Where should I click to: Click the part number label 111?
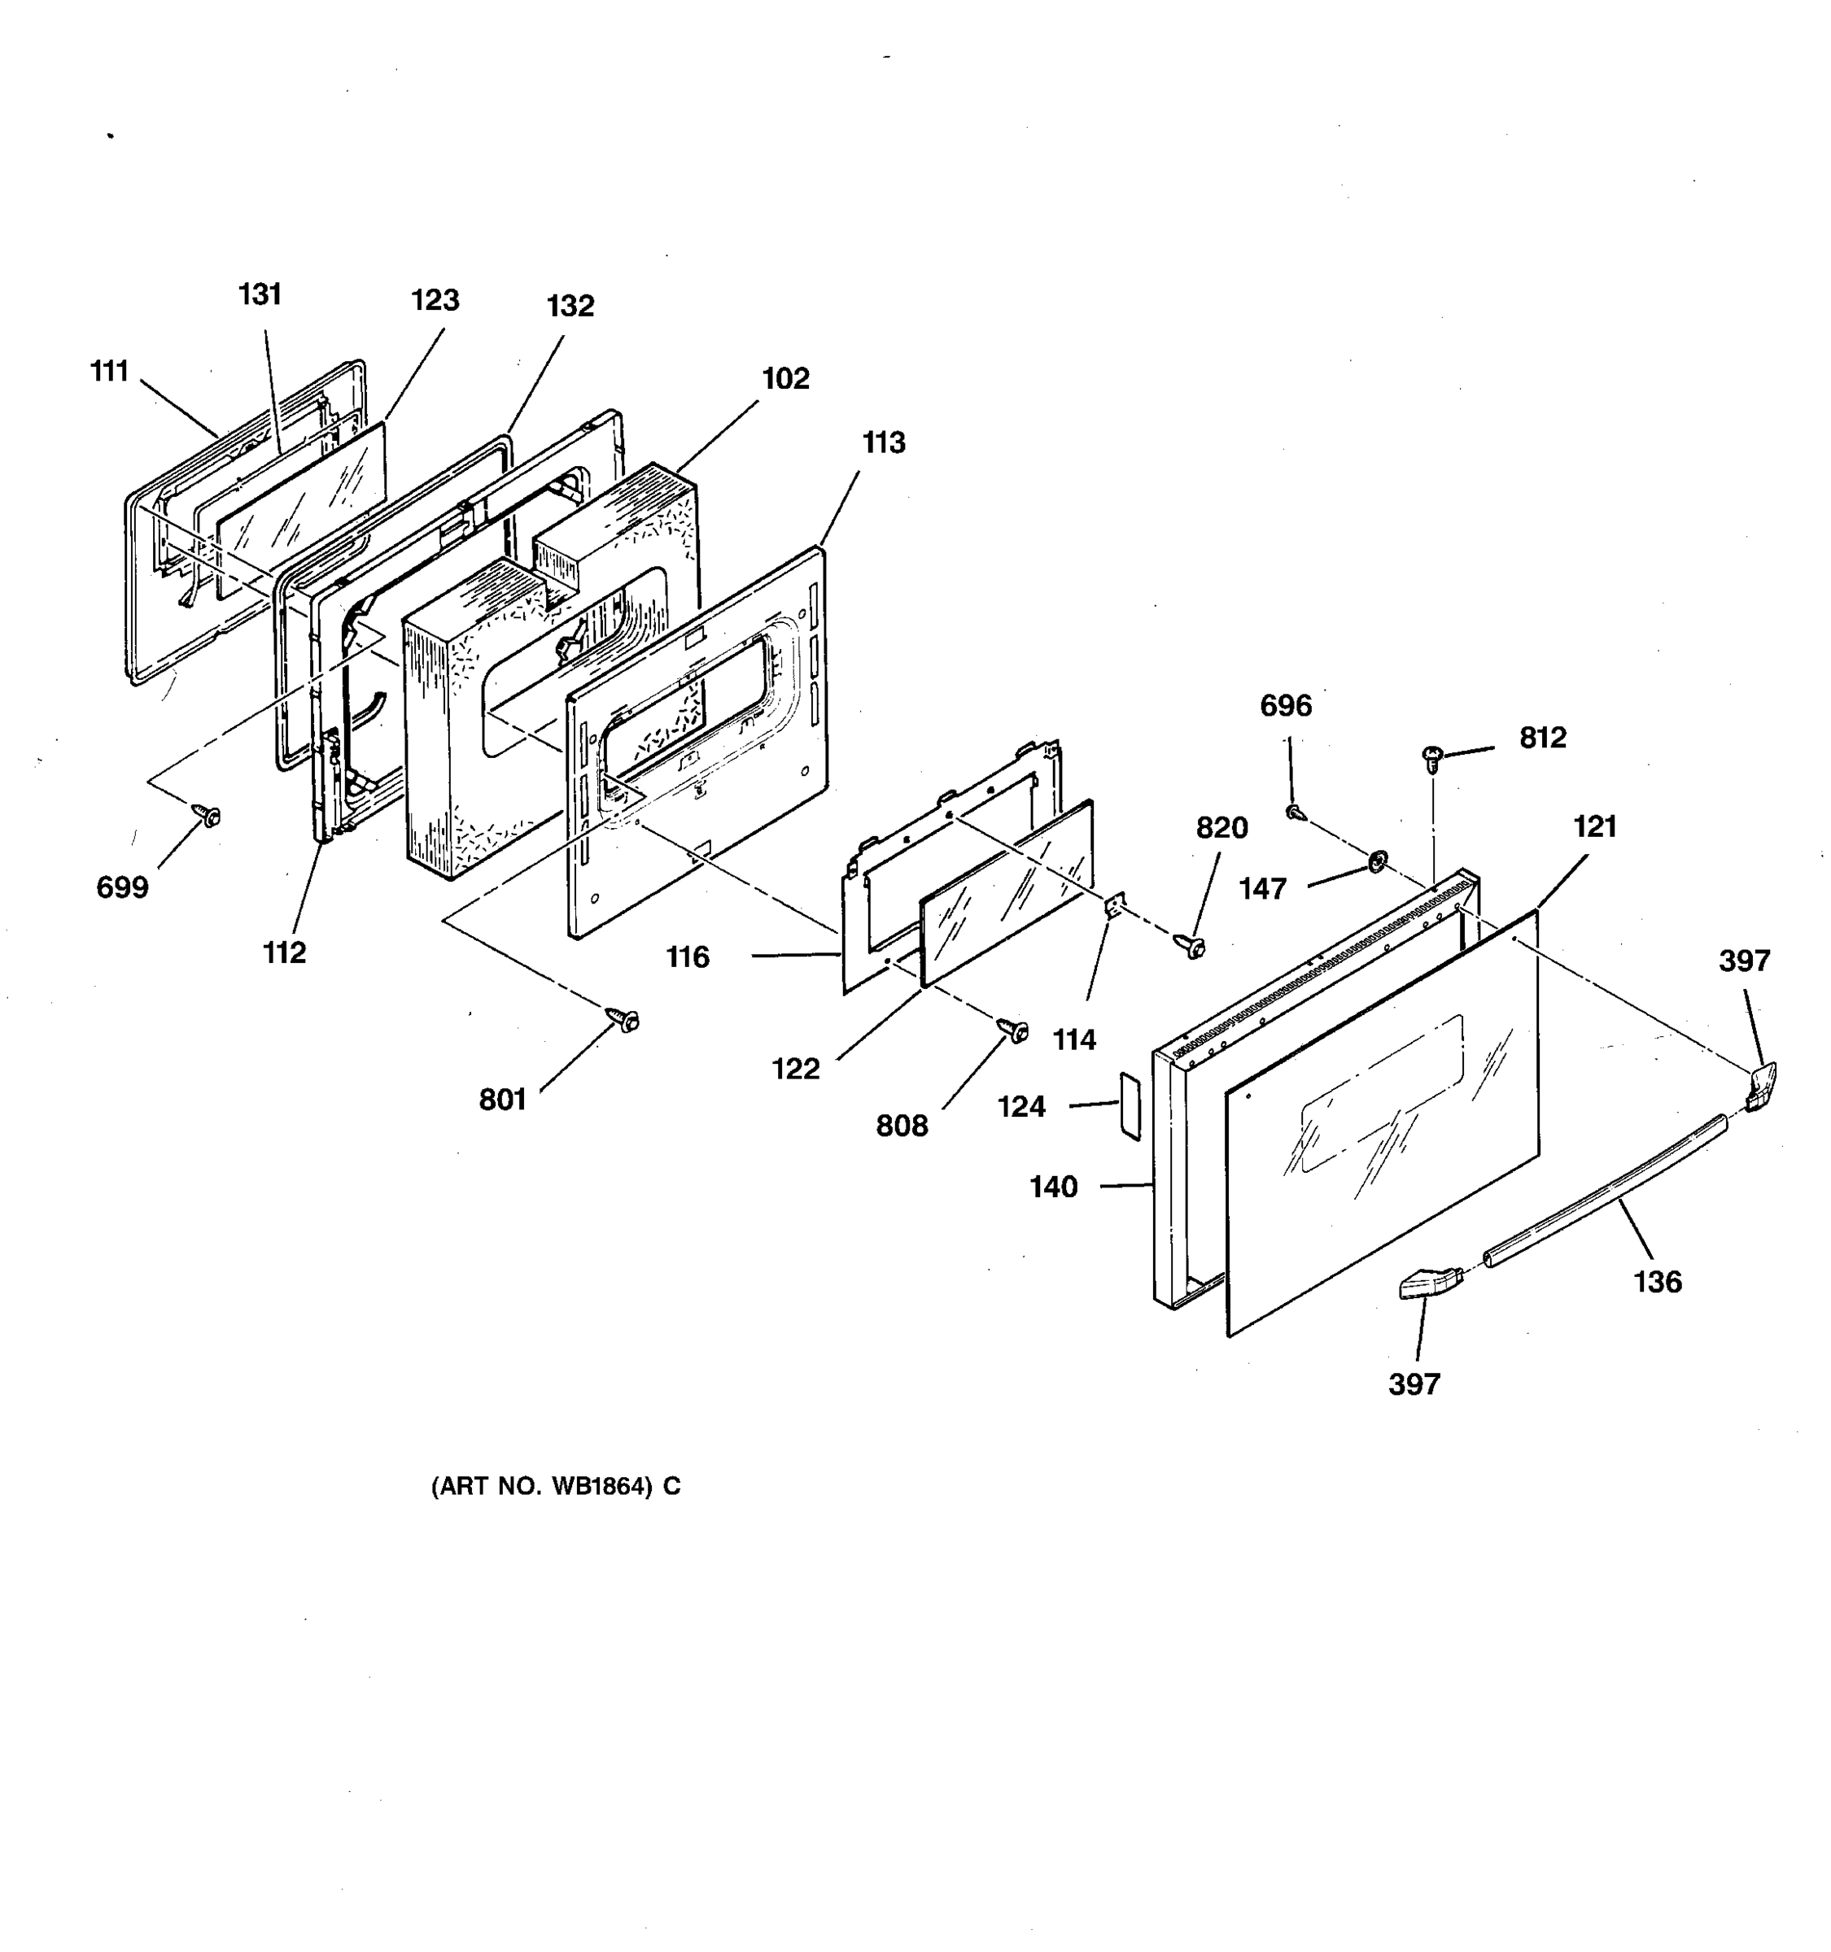(109, 371)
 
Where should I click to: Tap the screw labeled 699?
(208, 815)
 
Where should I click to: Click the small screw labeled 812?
(1432, 757)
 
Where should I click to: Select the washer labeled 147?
(1377, 862)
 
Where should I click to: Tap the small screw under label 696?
(1296, 812)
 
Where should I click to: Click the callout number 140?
(1053, 1187)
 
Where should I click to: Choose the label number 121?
(1594, 826)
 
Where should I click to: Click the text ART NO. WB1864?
(555, 1486)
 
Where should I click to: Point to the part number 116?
(687, 956)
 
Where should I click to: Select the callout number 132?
(570, 307)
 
